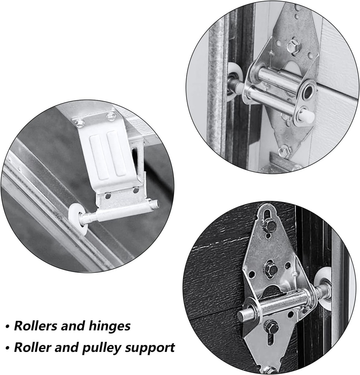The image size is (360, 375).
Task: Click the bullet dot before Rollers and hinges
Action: click(7, 326)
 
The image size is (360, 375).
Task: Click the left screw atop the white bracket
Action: click(79, 122)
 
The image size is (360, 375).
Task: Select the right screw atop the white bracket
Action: click(111, 116)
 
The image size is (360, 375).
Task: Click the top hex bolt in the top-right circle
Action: click(293, 47)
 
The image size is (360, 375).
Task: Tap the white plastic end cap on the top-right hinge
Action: click(306, 116)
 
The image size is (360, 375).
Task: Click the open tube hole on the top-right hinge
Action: click(308, 91)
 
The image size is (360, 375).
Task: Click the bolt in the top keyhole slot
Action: click(269, 225)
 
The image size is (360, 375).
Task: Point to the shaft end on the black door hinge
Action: click(242, 315)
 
